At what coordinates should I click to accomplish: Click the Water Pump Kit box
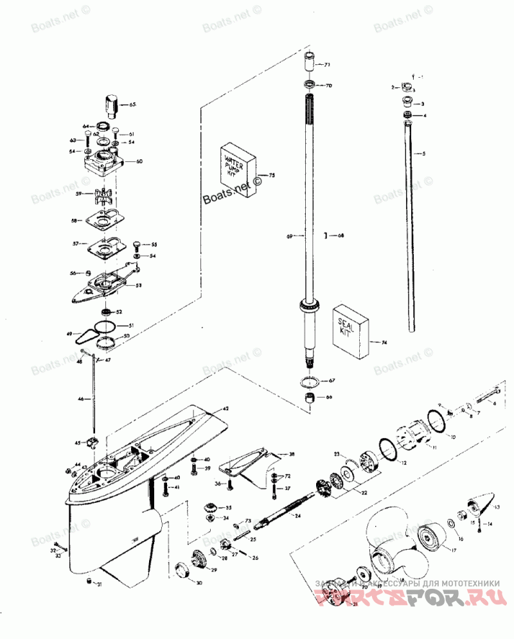tap(239, 170)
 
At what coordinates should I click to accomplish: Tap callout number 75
tap(272, 175)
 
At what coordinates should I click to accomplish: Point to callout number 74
tap(384, 343)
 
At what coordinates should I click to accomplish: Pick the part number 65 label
tap(133, 104)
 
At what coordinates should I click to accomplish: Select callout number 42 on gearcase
tap(226, 409)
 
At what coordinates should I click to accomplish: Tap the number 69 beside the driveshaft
tap(290, 237)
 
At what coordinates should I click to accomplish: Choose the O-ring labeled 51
tap(105, 326)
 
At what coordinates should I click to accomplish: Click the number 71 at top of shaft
tap(326, 66)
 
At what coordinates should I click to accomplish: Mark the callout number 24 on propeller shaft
tap(297, 516)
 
